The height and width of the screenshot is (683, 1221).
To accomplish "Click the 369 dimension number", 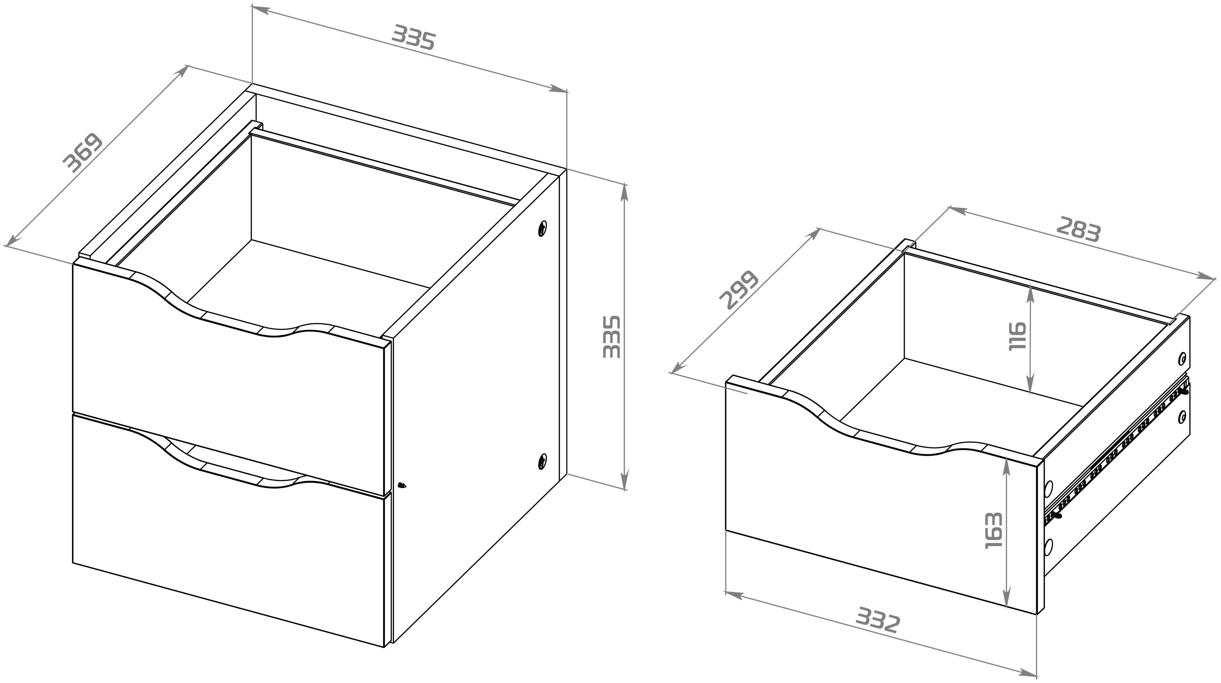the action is tap(83, 153).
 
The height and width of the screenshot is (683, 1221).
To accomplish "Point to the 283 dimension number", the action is tap(1078, 229).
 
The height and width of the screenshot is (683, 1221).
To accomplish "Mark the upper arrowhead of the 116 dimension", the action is tap(1030, 294).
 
